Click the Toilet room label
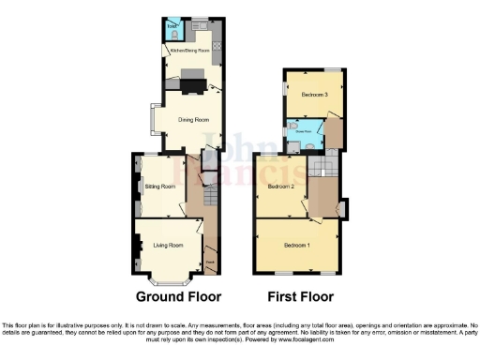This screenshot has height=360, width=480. tap(172, 26)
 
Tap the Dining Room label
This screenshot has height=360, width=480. tap(188, 119)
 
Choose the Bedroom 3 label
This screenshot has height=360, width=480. tap(314, 94)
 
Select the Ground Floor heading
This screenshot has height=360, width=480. tap(178, 297)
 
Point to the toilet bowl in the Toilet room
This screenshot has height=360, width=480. tap(172, 34)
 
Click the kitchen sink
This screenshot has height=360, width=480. tap(200, 21)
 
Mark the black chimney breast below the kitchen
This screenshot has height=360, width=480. tap(193, 86)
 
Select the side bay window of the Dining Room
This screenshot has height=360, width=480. tap(152, 120)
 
